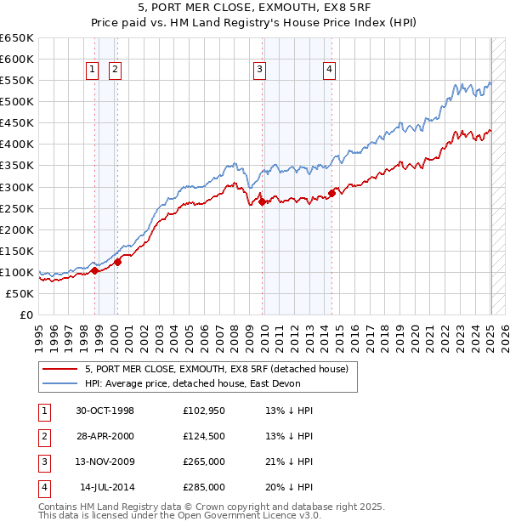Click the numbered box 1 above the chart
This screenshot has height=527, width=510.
(x=92, y=71)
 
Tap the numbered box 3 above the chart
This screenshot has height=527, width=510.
(x=259, y=71)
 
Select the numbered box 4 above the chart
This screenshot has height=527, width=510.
(x=329, y=71)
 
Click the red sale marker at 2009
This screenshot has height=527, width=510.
(x=262, y=201)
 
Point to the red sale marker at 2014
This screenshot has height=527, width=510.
(x=331, y=193)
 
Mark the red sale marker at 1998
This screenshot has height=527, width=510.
(x=95, y=270)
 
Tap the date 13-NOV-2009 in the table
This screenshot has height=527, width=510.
(x=105, y=463)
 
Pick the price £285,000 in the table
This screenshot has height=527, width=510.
(x=204, y=487)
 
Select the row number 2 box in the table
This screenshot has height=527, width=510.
(x=42, y=436)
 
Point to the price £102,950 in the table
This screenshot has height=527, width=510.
(x=204, y=411)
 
